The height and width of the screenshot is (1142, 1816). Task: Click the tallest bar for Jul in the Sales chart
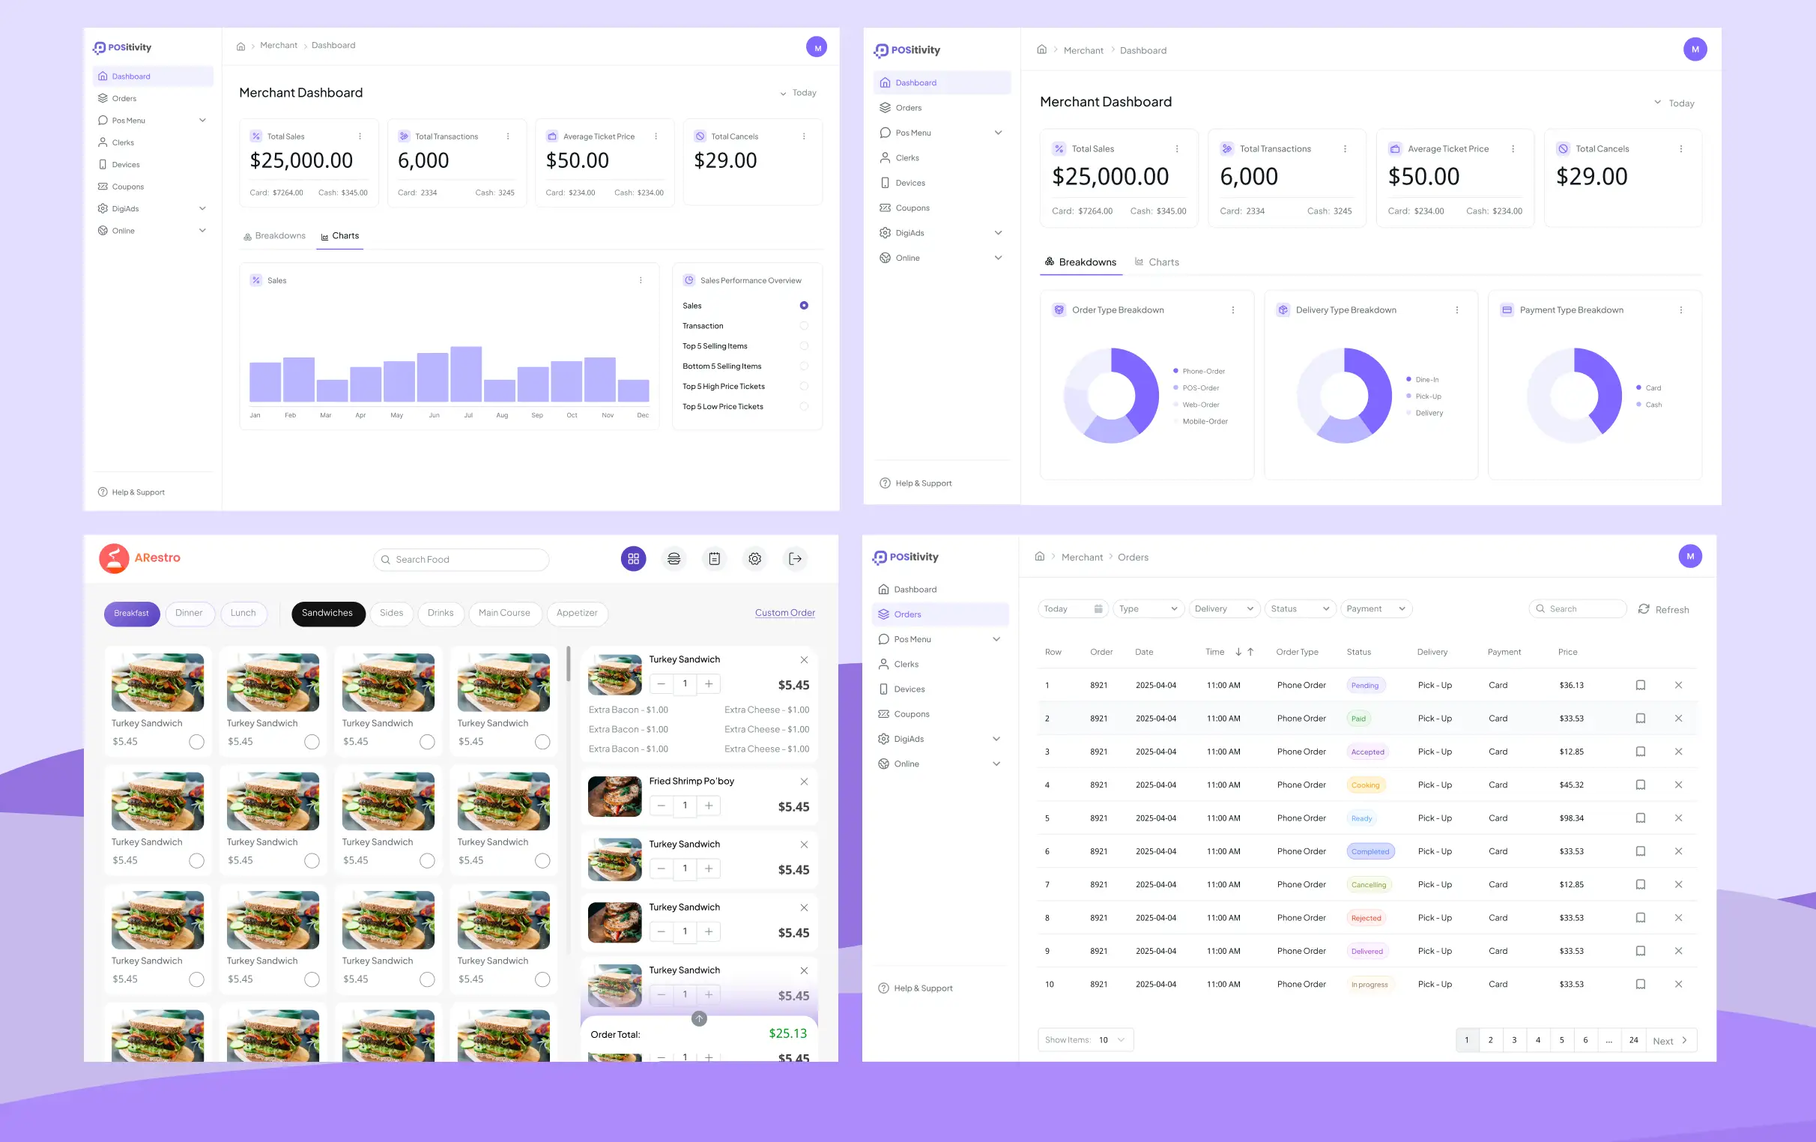tap(465, 373)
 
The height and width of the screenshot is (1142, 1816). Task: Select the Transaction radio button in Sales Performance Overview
tap(804, 326)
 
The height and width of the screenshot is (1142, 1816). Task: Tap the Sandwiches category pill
tap(327, 613)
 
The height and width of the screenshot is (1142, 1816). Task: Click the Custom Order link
tap(784, 613)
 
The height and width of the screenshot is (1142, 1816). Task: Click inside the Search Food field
tap(467, 560)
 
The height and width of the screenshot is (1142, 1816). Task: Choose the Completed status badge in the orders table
tap(1369, 851)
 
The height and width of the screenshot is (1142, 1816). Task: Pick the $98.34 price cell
tap(1571, 818)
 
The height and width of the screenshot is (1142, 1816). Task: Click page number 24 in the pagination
tap(1632, 1040)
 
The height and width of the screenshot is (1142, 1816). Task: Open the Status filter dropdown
tap(1299, 608)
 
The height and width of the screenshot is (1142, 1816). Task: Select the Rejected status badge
tap(1366, 918)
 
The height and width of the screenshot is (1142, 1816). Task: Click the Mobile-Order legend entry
tap(1205, 422)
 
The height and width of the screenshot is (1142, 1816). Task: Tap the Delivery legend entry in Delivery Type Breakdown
tap(1429, 414)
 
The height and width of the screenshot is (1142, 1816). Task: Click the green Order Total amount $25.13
tap(787, 1033)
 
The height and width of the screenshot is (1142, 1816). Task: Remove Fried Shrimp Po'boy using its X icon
tap(804, 782)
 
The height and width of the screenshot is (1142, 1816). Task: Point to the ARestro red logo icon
tap(114, 559)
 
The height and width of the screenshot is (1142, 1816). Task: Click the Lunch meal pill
tap(243, 613)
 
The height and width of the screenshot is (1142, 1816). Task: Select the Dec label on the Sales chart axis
tap(643, 416)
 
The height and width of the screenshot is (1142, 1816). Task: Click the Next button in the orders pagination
tap(1670, 1040)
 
